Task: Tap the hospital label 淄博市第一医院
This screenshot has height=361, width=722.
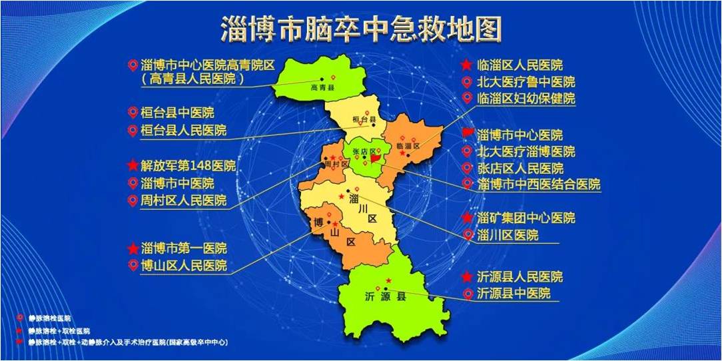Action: [184, 248]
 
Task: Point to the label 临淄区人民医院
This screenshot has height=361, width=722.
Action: [520, 65]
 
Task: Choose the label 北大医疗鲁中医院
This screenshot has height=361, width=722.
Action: [526, 83]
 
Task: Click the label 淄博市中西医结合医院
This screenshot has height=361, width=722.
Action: [539, 184]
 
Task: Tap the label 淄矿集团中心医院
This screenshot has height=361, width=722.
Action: [526, 218]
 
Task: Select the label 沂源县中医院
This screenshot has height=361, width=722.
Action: [514, 294]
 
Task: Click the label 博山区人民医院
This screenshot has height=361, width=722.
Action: [184, 266]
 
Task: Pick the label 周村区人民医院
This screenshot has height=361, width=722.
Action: [184, 200]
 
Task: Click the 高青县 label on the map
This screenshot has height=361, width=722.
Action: [323, 87]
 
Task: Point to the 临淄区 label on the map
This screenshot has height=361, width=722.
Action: [408, 146]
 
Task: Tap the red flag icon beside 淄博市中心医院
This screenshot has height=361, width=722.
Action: [468, 135]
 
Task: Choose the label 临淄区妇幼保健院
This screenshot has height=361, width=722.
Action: [526, 99]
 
